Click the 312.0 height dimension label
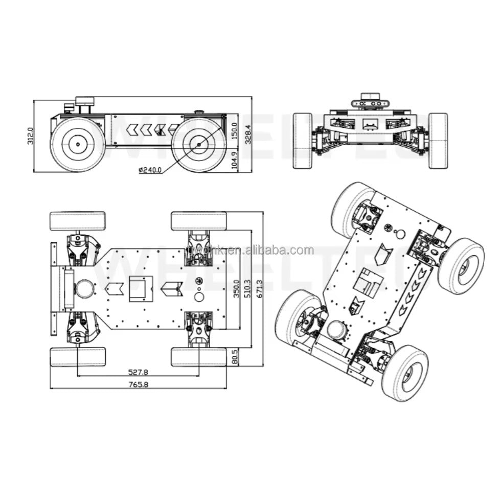[x=30, y=135]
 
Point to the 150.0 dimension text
[x=235, y=131]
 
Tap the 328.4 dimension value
[x=248, y=134]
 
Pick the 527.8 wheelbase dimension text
[x=139, y=372]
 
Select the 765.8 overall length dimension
[x=139, y=385]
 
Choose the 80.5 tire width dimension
[x=235, y=357]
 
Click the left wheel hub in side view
[x=78, y=145]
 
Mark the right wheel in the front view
[x=438, y=141]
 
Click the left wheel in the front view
[x=303, y=141]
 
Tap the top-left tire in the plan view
[x=78, y=221]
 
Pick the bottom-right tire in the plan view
[x=199, y=357]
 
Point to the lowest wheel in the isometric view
[x=405, y=373]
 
